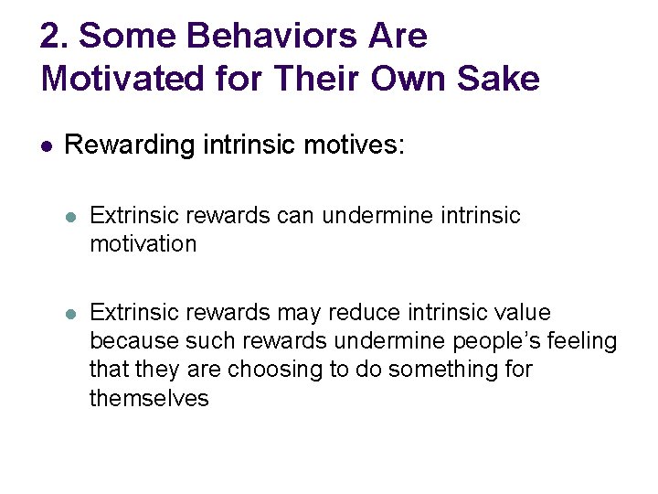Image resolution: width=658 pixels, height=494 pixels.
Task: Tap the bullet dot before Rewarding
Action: pos(48,145)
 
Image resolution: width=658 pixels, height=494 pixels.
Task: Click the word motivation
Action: pos(143,244)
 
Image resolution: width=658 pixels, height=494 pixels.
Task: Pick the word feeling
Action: pos(583,341)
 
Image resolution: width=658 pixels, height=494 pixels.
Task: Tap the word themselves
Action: pos(149,398)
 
